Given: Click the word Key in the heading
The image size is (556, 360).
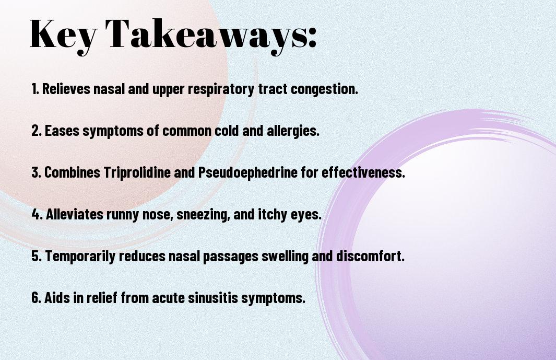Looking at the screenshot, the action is [63, 35].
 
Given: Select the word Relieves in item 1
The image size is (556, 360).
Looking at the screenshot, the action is [66, 89].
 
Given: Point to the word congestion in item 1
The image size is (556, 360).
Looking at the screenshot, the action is [324, 89].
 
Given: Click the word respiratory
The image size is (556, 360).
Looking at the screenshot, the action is [221, 89].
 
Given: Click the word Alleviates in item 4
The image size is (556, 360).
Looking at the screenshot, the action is [75, 214].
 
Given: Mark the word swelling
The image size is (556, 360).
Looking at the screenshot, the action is [285, 257].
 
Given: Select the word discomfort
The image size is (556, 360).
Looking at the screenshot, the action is [370, 256].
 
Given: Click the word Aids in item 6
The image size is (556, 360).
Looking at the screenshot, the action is [57, 297].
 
